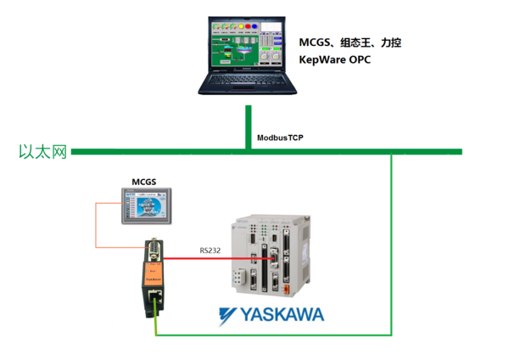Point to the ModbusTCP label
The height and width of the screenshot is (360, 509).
click(280, 136)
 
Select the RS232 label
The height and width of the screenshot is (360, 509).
click(212, 250)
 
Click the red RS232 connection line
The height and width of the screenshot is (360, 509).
click(204, 258)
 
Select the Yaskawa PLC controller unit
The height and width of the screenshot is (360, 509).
click(268, 255)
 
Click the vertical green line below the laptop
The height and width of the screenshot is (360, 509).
click(248, 127)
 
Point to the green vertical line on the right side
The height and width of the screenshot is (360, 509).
click(391, 246)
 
